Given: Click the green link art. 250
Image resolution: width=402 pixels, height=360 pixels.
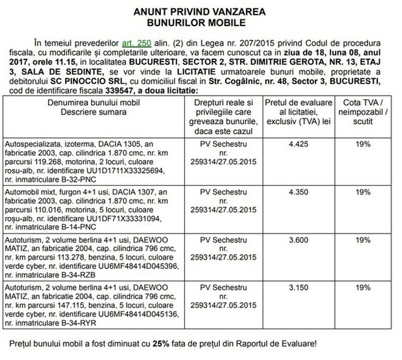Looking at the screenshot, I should pos(137,44).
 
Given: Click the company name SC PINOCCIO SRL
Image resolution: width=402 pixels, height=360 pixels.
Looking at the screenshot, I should pos(83,82).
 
